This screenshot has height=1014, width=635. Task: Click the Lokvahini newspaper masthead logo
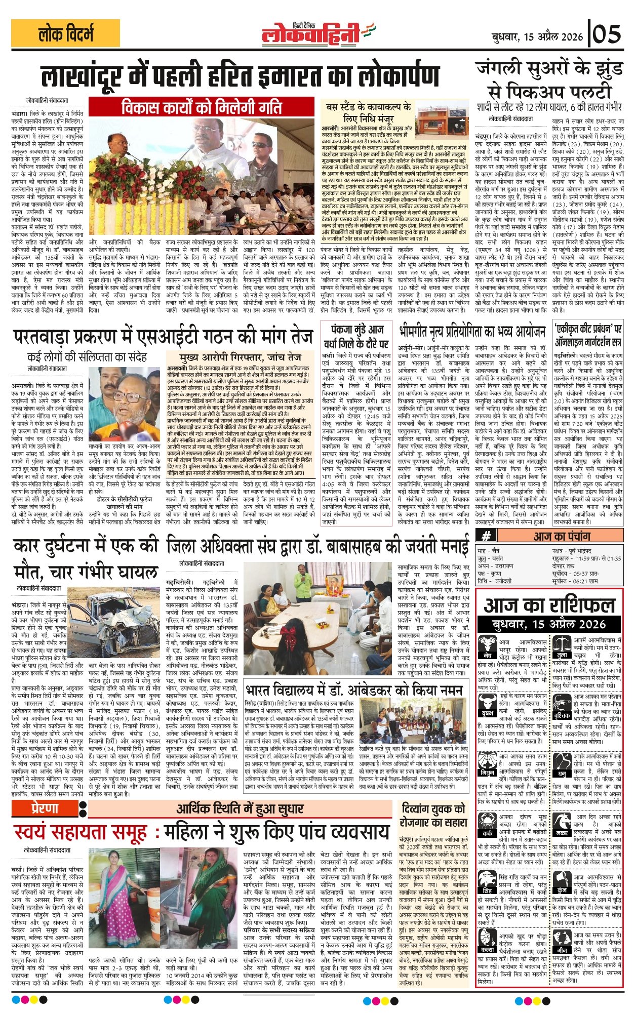pyautogui.click(x=317, y=34)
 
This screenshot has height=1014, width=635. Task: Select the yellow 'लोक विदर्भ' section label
pyautogui.click(x=66, y=34)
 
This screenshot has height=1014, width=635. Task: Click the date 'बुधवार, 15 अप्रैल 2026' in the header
pyautogui.click(x=538, y=36)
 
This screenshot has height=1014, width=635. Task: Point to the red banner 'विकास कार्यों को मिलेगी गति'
pyautogui.click(x=202, y=107)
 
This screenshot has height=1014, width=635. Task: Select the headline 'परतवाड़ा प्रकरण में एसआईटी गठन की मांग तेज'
pyautogui.click(x=163, y=336)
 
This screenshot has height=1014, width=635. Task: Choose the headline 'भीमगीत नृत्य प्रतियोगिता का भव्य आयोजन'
pyautogui.click(x=472, y=332)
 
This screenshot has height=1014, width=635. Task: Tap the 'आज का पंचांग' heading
pyautogui.click(x=561, y=536)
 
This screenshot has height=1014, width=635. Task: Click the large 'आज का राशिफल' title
pyautogui.click(x=549, y=605)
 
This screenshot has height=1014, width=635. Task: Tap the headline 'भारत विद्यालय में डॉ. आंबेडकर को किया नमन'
pyautogui.click(x=353, y=691)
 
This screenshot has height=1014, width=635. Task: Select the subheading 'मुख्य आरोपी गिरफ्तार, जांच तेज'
pyautogui.click(x=240, y=357)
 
